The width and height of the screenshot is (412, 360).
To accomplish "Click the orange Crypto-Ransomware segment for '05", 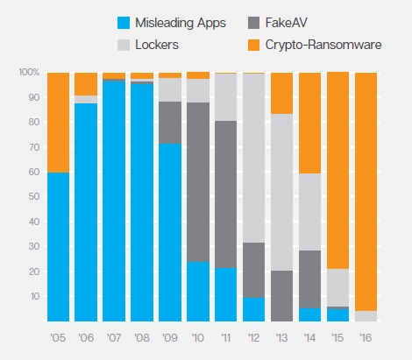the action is pyautogui.click(x=59, y=123).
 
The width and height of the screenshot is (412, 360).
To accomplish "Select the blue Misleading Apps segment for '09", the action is pyautogui.click(x=170, y=232).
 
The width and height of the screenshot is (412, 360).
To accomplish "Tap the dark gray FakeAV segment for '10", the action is pyautogui.click(x=198, y=182).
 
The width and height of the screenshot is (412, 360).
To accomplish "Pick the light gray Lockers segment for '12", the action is pyautogui.click(x=254, y=158).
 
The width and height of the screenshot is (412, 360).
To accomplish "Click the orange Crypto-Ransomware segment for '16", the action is pyautogui.click(x=366, y=192).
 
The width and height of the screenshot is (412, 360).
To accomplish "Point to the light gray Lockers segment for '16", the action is pyautogui.click(x=366, y=316).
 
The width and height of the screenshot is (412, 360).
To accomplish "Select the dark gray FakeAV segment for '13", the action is pyautogui.click(x=282, y=296).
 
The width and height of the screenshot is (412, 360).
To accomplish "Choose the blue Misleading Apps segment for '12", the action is pyautogui.click(x=254, y=309).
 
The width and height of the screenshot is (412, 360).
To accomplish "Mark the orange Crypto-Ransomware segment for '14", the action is pyautogui.click(x=309, y=124).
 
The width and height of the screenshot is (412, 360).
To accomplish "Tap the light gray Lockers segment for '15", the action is pyautogui.click(x=337, y=287).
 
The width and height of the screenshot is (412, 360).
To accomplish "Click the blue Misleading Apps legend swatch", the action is pyautogui.click(x=124, y=23).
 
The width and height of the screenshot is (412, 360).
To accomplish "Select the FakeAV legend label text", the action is pyautogui.click(x=287, y=23).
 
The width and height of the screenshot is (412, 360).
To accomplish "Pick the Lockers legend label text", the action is pyautogui.click(x=157, y=45).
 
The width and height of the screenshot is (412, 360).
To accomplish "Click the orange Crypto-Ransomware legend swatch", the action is pyautogui.click(x=253, y=46).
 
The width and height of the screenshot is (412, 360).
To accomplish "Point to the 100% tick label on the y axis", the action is pyautogui.click(x=29, y=72).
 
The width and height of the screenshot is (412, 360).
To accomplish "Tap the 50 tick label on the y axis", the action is pyautogui.click(x=34, y=196).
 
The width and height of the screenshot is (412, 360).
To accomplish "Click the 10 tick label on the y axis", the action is pyautogui.click(x=35, y=296).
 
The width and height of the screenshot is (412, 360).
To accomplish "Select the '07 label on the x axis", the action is pyautogui.click(x=114, y=338).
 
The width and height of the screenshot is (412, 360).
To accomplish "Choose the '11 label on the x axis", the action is pyautogui.click(x=226, y=338).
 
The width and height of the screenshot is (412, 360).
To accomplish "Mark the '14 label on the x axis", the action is pyautogui.click(x=309, y=338).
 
